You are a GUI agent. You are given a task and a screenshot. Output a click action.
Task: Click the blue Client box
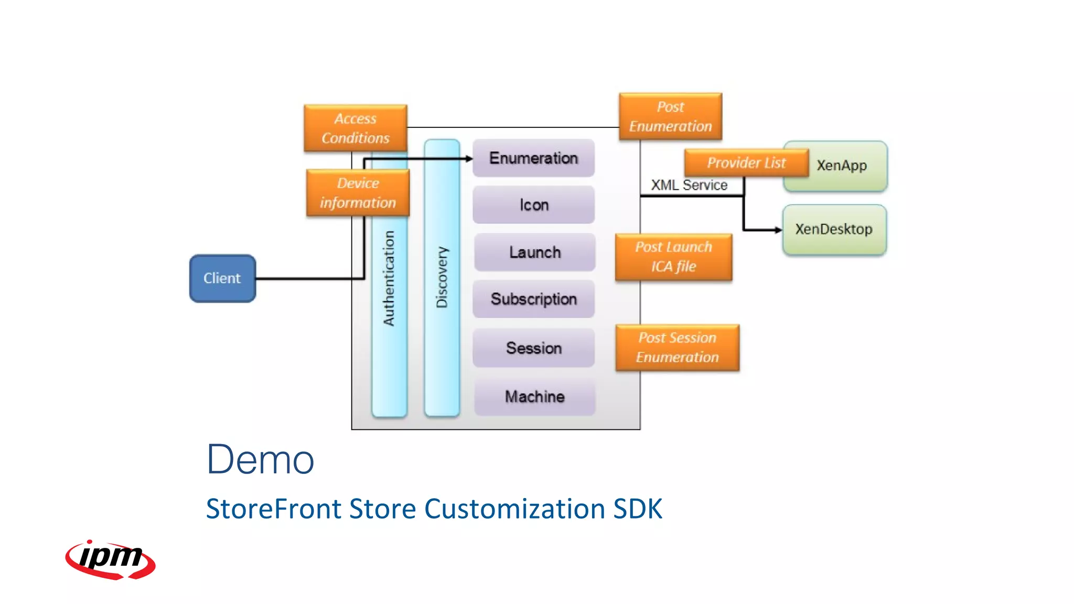[222, 278]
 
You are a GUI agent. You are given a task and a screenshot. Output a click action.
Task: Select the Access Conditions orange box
[356, 128]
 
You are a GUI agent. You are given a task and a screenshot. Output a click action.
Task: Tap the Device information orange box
[358, 193]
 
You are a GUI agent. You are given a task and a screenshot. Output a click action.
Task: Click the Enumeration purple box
[533, 158]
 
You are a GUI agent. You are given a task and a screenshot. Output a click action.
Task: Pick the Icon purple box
[533, 205]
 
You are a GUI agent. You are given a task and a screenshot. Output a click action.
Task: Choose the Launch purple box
[534, 252]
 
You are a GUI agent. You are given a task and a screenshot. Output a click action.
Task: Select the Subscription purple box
[533, 299]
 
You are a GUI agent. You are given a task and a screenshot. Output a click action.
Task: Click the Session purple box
[533, 348]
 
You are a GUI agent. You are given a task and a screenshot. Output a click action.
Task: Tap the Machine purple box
[534, 397]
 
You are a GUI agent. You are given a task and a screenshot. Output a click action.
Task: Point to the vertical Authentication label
[389, 278]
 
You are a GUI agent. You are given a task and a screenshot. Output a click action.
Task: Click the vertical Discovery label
[442, 277]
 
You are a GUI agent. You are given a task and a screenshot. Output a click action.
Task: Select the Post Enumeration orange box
[670, 116]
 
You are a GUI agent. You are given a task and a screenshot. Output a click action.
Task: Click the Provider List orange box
[746, 163]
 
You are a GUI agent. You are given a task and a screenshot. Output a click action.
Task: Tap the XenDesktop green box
[834, 230]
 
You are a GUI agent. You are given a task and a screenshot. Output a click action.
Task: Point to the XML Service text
[689, 185]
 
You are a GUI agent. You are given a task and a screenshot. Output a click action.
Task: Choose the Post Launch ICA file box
[673, 257]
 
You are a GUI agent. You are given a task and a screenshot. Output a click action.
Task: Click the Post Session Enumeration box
[677, 348]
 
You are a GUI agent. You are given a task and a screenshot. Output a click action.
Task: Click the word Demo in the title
[260, 460]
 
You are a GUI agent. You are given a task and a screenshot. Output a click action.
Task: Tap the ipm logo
[110, 559]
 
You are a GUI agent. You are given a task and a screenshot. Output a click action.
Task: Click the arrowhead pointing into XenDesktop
[778, 230]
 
